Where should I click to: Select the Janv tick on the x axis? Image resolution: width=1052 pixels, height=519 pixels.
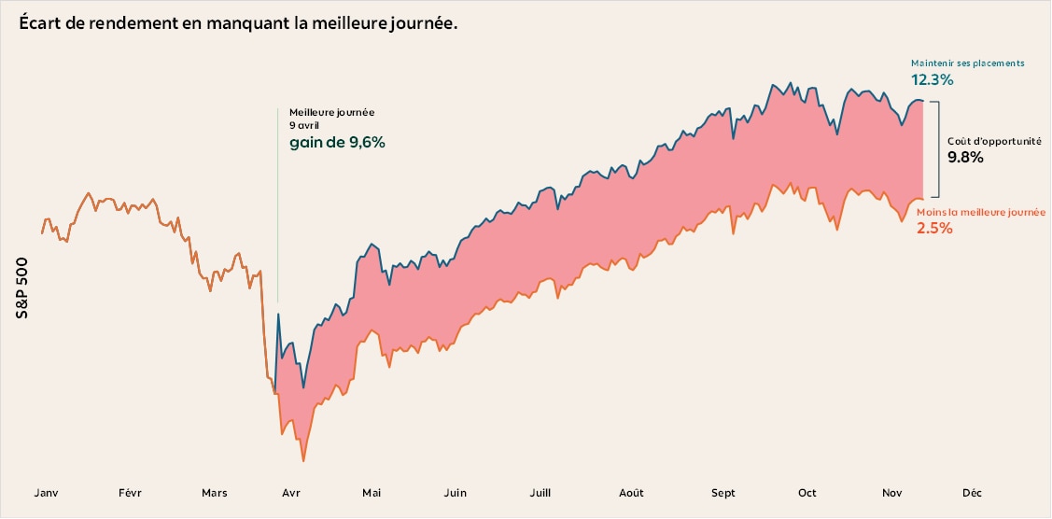[48, 493]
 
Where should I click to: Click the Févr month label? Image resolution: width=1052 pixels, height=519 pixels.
[130, 493]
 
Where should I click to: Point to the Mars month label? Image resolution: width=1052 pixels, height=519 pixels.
[214, 493]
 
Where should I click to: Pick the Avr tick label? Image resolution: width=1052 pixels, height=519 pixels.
[290, 493]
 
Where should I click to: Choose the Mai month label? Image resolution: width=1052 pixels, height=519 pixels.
[372, 493]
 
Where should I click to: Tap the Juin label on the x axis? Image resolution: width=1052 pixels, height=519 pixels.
[455, 493]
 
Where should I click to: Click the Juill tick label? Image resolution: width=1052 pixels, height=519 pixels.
[540, 493]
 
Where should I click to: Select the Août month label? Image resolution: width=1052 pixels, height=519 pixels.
[631, 493]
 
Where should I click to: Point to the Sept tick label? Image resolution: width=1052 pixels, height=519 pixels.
[723, 493]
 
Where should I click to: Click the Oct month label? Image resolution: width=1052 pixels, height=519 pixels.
[807, 493]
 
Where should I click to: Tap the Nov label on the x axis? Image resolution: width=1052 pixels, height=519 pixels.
[891, 493]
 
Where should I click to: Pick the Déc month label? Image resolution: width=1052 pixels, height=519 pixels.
[972, 493]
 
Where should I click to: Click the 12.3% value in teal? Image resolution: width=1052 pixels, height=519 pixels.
[932, 80]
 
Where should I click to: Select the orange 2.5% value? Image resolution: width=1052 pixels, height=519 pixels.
[934, 228]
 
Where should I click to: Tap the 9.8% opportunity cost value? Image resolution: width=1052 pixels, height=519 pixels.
[965, 158]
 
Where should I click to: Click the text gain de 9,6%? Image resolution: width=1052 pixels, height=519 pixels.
[337, 143]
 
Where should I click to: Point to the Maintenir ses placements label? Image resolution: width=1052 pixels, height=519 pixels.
[967, 63]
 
